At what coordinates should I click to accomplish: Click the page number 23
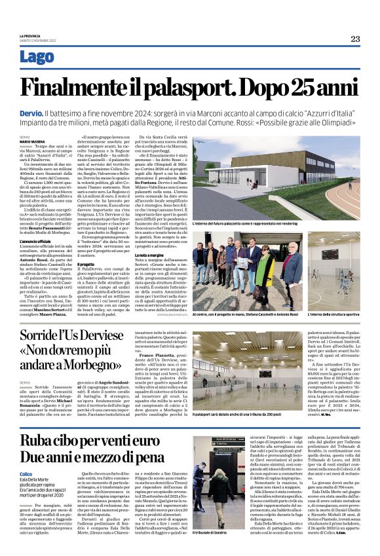click(x=354, y=39)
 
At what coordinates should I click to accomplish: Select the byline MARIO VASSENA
click(x=33, y=141)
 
